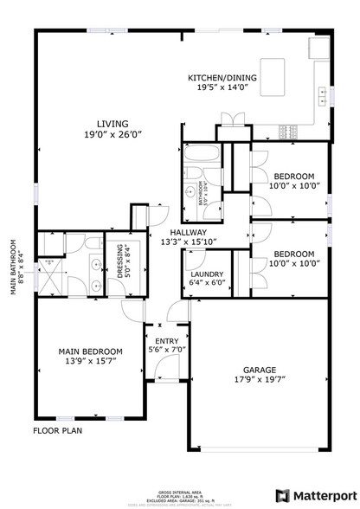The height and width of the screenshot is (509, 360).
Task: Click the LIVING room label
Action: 112,123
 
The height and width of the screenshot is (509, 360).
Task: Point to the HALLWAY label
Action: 187,232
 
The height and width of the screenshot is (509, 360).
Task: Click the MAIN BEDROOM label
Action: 90,351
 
